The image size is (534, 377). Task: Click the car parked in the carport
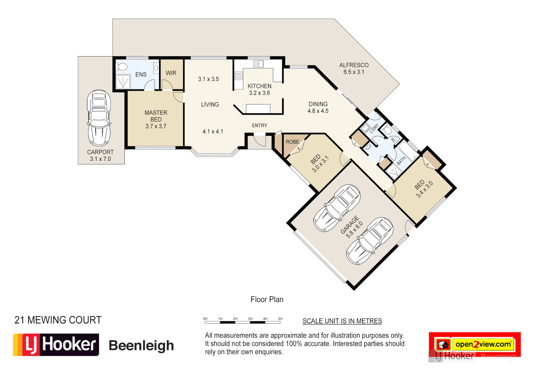click(x=99, y=118)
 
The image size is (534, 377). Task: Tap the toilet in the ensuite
click(x=122, y=66)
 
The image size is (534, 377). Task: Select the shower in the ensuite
click(x=123, y=82)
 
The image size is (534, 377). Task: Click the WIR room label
click(x=171, y=73)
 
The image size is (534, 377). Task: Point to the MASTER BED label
click(x=156, y=119)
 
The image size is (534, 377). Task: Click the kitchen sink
click(x=258, y=64)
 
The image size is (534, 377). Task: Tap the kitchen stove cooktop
click(x=239, y=75)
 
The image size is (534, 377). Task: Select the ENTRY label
click(x=259, y=125)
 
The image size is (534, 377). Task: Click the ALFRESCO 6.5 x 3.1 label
click(x=354, y=68)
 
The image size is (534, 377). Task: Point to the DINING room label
click(x=318, y=107)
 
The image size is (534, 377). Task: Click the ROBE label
click(x=293, y=142)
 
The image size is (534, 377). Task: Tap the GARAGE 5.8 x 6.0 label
click(x=352, y=227)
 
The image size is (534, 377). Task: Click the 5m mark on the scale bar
click(x=280, y=319)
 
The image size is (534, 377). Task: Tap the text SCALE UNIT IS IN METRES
click(x=342, y=321)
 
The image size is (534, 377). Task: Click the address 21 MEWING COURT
click(x=58, y=320)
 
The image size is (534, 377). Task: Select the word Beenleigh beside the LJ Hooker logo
click(x=141, y=345)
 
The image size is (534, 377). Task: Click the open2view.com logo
click(x=482, y=344)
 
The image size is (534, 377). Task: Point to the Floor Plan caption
click(x=267, y=300)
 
